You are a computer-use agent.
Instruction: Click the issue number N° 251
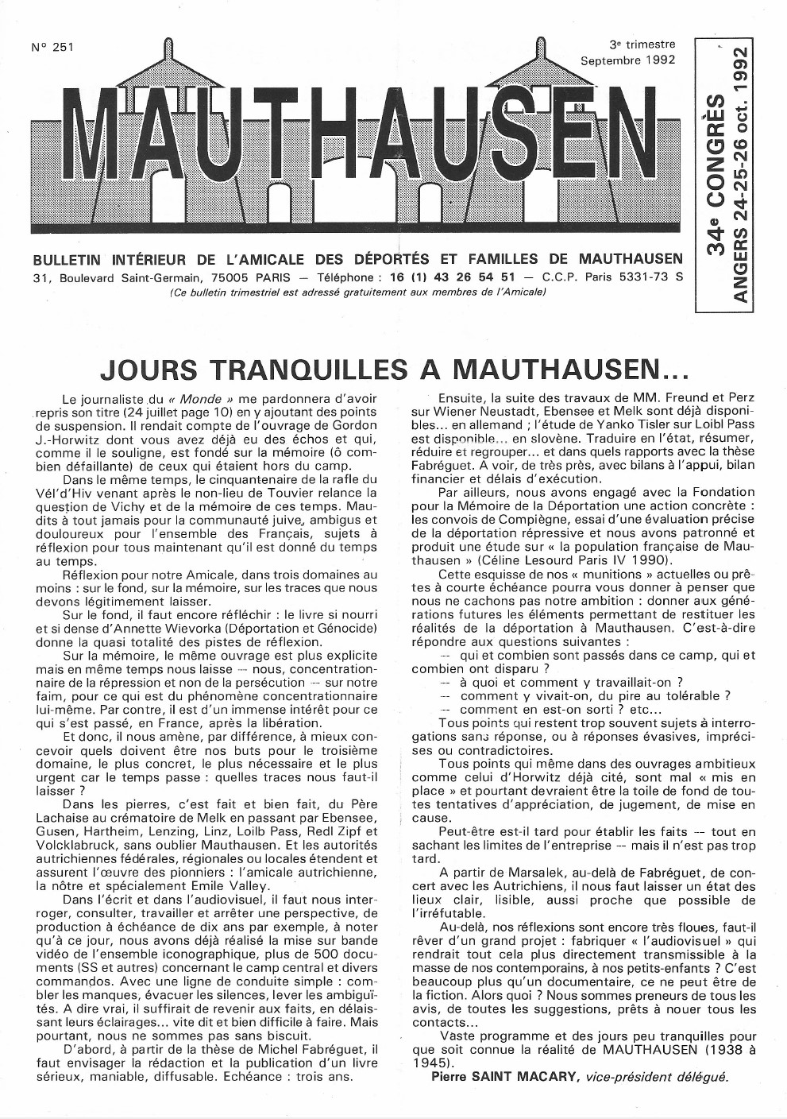[x=52, y=47]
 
